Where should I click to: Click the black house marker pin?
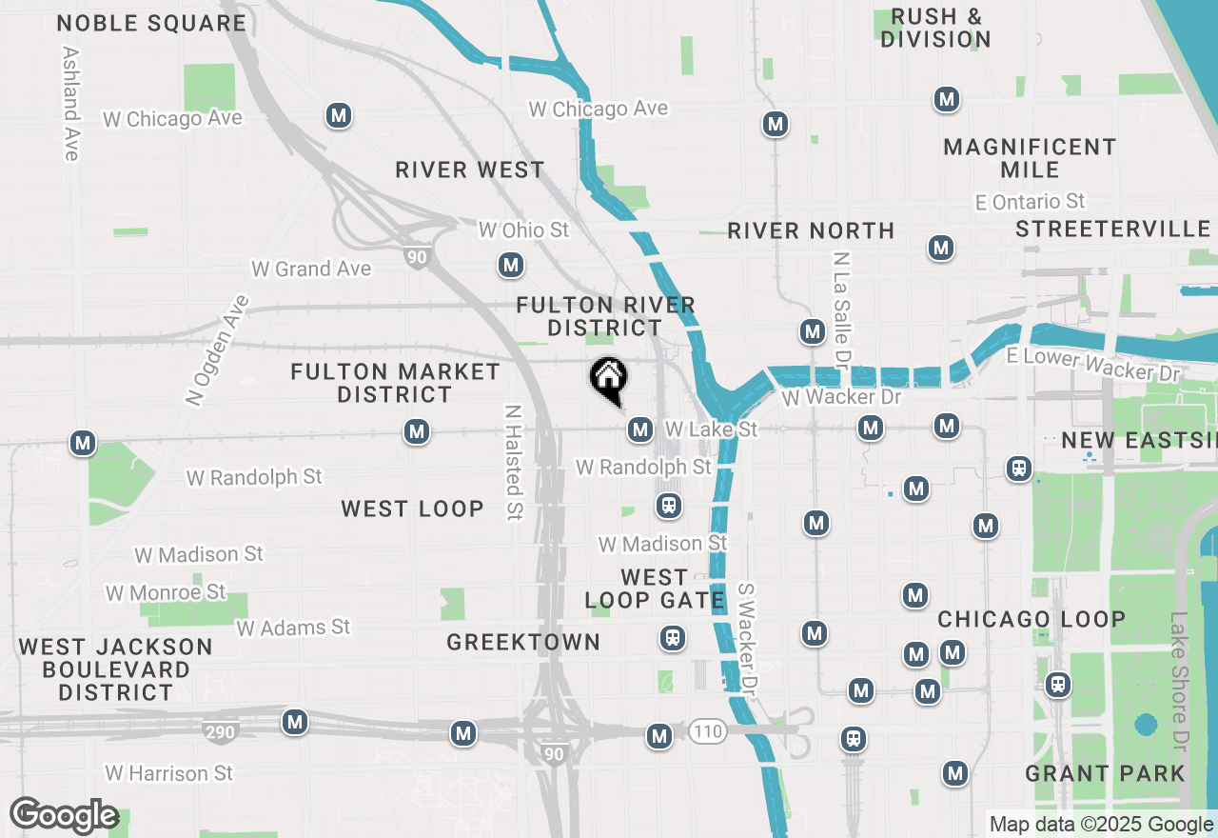click(x=608, y=380)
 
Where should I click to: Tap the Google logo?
click(x=64, y=816)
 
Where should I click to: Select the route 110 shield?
click(x=708, y=731)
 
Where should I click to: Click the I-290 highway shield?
click(x=219, y=731)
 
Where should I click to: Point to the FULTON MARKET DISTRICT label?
click(x=395, y=383)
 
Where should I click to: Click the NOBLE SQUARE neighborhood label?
click(x=151, y=24)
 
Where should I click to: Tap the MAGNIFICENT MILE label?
click(x=1030, y=158)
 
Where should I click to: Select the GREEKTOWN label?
click(x=523, y=643)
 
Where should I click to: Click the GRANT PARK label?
click(x=1105, y=773)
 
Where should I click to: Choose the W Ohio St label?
click(x=523, y=230)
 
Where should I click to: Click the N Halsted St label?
click(x=514, y=463)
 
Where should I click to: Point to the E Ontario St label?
click(x=1030, y=202)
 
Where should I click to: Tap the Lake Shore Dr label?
click(x=1181, y=679)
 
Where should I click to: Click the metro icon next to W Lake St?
click(x=639, y=430)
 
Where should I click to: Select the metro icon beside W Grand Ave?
click(x=511, y=265)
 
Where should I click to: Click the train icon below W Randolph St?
click(x=669, y=506)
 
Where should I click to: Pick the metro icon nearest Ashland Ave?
click(x=338, y=116)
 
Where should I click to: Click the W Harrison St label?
click(x=168, y=773)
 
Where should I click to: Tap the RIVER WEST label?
click(x=470, y=170)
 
